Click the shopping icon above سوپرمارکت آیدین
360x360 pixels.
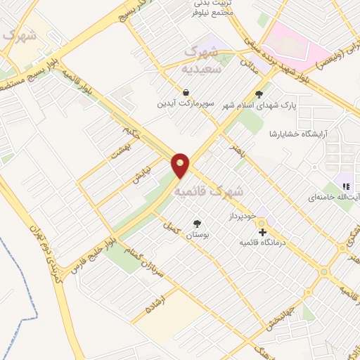tap(185, 92)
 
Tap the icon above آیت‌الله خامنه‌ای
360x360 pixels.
tap(345, 186)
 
